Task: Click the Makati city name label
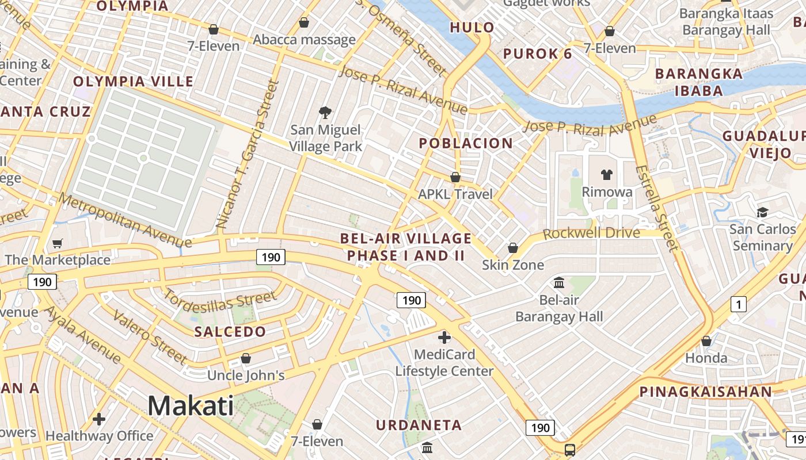(x=191, y=405)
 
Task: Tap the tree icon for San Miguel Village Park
(x=325, y=112)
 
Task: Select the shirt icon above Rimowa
(x=607, y=174)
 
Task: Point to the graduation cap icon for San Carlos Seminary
(x=762, y=212)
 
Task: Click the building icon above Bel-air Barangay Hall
(x=558, y=282)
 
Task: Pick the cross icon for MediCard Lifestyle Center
(x=444, y=337)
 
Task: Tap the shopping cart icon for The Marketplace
(x=57, y=243)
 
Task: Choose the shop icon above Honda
(x=706, y=341)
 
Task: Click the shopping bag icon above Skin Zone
(x=512, y=248)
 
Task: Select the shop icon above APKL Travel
(x=455, y=177)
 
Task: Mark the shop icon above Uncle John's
(x=246, y=358)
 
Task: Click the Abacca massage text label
(x=304, y=40)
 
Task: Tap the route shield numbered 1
(x=738, y=304)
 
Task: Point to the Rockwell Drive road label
(x=591, y=233)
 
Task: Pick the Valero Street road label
(x=149, y=336)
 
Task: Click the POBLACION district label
(x=466, y=143)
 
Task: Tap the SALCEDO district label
(x=230, y=332)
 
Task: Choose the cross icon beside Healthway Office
(x=99, y=419)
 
